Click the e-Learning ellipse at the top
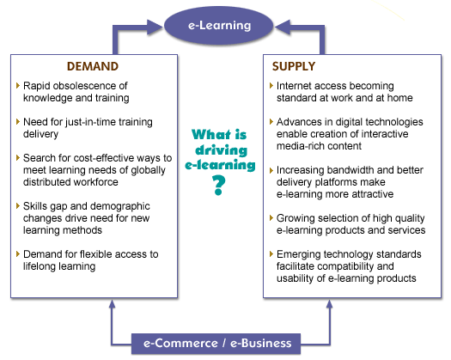click(218, 26)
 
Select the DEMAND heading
click(93, 66)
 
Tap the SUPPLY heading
click(294, 66)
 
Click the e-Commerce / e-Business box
click(216, 344)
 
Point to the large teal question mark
click(218, 186)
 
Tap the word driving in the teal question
click(221, 150)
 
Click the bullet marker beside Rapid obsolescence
click(18, 85)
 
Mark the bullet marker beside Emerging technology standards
click(271, 254)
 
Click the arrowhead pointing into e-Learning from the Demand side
click(155, 27)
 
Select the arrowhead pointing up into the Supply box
click(330, 304)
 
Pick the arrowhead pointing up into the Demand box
click(113, 304)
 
